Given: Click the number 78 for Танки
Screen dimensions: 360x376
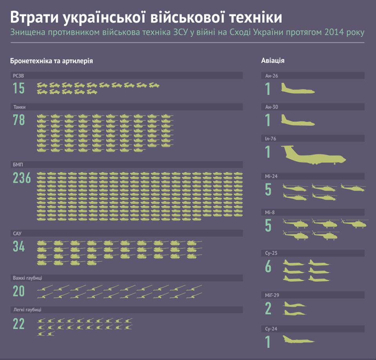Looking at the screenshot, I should pos(19,120).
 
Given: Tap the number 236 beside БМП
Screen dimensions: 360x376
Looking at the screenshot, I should pos(22,178).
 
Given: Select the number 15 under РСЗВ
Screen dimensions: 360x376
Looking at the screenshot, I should pos(18,88).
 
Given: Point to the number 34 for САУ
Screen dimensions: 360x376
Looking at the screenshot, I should pos(19,247).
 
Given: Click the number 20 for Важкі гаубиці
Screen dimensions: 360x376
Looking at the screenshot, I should pos(19,291).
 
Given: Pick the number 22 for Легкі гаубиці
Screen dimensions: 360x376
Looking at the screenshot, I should pos(19,324).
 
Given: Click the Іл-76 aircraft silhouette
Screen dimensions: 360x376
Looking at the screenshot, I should pos(313,155).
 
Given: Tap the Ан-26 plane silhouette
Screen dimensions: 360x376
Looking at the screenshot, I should pos(298,89).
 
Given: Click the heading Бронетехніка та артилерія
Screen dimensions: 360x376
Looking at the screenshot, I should pos(52,61).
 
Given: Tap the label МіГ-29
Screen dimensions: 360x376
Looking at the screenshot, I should pos(273,295).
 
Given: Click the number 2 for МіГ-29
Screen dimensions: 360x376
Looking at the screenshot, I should pos(268,309).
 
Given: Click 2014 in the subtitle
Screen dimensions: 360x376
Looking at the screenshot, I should pos(334,32).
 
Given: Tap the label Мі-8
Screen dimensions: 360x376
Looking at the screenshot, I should pos(270,212).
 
